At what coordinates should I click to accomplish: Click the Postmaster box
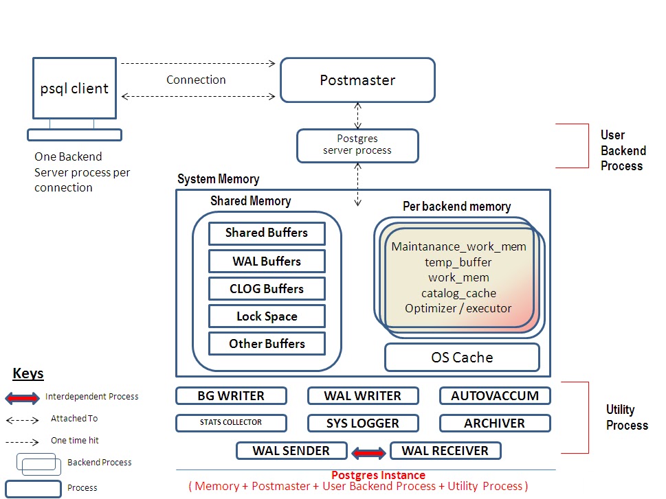[357, 80]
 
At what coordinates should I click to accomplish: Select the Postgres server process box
[357, 146]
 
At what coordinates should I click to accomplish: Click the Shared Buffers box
[267, 233]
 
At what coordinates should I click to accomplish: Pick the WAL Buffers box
[267, 262]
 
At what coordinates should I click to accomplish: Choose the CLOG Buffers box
[267, 289]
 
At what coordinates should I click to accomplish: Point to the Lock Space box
[267, 316]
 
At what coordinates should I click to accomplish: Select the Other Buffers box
[267, 344]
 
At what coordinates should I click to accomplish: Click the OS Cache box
[462, 357]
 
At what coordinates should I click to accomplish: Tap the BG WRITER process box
[230, 395]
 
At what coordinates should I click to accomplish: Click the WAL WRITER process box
[362, 395]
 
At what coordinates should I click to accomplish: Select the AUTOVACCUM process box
[495, 395]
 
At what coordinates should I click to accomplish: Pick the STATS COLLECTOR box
[230, 423]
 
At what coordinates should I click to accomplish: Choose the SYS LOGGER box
[362, 423]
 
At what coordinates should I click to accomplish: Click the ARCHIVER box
[495, 423]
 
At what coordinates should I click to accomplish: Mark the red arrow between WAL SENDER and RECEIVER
[369, 452]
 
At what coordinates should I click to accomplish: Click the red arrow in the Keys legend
[23, 397]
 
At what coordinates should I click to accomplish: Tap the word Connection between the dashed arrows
[196, 80]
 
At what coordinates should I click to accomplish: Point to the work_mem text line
[458, 277]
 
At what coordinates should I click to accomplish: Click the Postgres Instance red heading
[378, 475]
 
